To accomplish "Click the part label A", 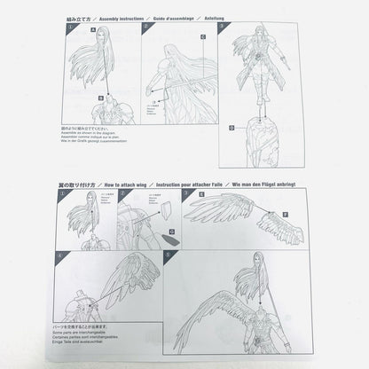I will click(93, 29).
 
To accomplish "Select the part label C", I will click(203, 36).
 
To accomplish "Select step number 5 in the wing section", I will click(169, 254).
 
